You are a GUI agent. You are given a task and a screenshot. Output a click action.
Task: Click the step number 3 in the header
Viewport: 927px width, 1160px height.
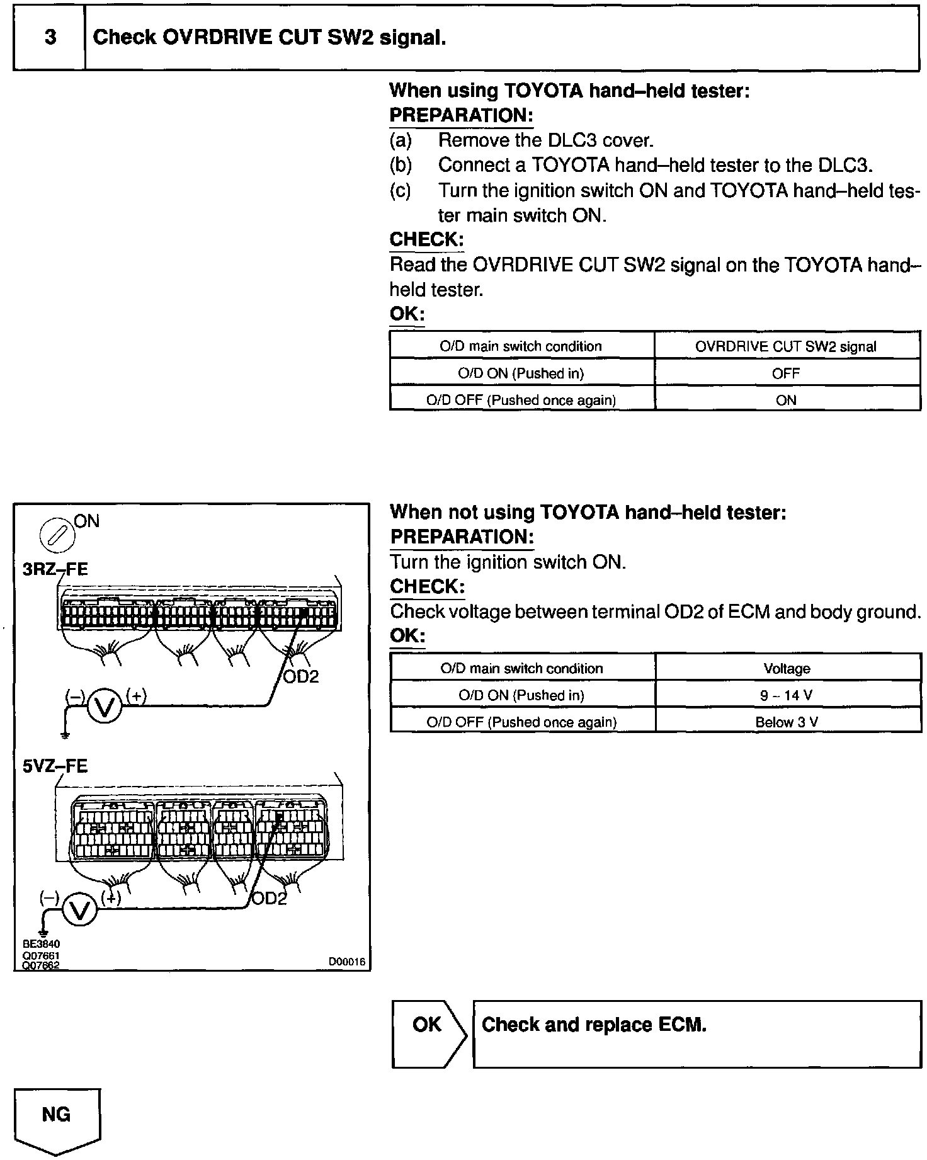coord(50,38)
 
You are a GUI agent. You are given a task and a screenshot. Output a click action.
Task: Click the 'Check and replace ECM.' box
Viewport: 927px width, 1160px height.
coord(697,1033)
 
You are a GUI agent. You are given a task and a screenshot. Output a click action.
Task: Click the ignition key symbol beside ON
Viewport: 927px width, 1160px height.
coord(57,535)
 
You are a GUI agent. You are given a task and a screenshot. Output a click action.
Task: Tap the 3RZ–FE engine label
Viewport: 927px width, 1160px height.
coord(55,569)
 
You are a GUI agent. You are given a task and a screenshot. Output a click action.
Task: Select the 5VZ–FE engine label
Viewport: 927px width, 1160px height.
coord(55,766)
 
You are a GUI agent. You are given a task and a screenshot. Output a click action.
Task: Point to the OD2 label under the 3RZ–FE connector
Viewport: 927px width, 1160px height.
coord(301,677)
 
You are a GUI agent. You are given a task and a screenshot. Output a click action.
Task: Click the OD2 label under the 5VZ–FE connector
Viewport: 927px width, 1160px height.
coord(269,899)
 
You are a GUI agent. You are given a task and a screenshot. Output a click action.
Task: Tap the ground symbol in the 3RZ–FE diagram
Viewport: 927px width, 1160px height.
coord(65,734)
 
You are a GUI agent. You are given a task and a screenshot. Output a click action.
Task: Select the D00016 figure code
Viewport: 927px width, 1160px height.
coord(346,962)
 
